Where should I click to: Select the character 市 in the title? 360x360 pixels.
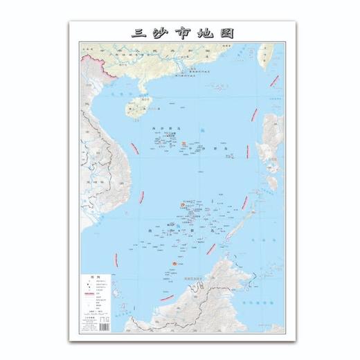183,33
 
